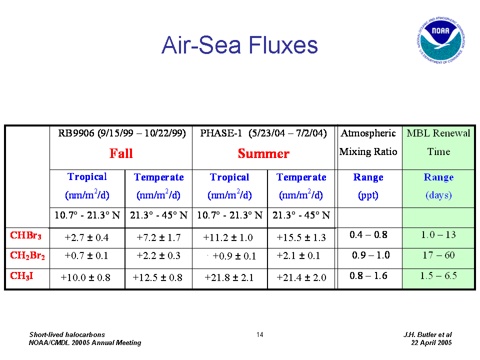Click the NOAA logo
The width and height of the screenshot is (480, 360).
[440, 40]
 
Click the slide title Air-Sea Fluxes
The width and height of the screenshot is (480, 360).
[239, 45]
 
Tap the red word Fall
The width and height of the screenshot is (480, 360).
[121, 153]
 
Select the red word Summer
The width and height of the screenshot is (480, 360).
[263, 153]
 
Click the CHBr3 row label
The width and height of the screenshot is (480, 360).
[25, 235]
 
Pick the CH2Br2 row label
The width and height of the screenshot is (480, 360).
[27, 255]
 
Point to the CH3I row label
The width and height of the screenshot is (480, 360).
[21, 276]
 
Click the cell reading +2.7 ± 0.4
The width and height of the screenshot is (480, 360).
[86, 237]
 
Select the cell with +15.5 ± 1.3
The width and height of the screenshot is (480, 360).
[301, 237]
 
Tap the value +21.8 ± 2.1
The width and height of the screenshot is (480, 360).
[229, 277]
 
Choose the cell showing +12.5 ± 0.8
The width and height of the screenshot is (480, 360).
[157, 277]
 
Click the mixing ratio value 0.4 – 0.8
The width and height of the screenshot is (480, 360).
[368, 235]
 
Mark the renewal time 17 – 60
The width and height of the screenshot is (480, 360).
[438, 255]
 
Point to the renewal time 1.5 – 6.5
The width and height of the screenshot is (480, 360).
[438, 275]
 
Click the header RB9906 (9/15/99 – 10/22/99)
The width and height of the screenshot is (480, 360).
[122, 133]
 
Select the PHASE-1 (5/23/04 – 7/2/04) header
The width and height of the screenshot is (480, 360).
[263, 133]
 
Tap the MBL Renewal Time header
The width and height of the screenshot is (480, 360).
[438, 142]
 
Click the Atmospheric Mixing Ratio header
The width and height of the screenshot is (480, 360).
[368, 142]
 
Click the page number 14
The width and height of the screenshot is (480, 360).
[260, 334]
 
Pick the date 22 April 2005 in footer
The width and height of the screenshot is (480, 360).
[431, 342]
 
